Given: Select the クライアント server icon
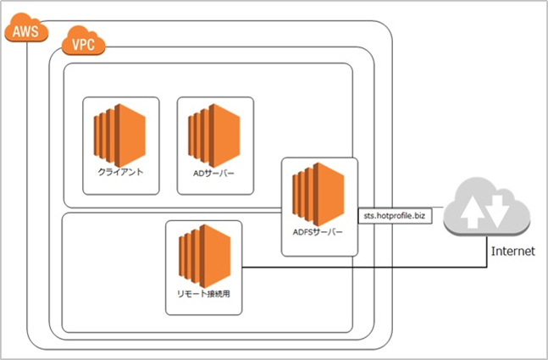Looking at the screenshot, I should pos(119,132).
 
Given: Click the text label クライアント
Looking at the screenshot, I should pos(120,171).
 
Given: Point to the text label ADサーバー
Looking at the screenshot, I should pos(214,171).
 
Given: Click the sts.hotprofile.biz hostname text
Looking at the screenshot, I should pos(397,218).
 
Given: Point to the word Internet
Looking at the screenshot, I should pos(512,252).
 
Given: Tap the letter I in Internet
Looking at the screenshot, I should pos(493,252).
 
